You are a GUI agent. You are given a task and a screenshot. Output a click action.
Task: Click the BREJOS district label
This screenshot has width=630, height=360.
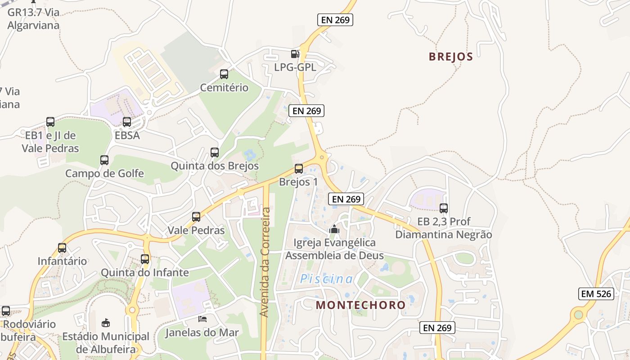(451, 57)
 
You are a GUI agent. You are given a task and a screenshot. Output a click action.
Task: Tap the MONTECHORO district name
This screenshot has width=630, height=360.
(360, 305)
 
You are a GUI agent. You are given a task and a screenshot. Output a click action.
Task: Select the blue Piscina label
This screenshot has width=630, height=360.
(327, 279)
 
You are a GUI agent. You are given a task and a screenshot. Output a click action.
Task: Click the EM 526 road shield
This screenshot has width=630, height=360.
(596, 294)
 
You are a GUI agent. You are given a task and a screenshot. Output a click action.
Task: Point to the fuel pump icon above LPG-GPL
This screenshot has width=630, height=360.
(295, 54)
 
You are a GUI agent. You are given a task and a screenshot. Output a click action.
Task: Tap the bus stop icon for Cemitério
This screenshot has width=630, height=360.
(224, 74)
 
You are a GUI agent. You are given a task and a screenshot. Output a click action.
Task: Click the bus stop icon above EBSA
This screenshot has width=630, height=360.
(127, 122)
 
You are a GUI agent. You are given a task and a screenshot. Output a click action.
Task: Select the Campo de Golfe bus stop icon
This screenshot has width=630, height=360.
(104, 160)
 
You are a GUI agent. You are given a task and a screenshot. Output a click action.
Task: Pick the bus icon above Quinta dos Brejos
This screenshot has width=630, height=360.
(215, 153)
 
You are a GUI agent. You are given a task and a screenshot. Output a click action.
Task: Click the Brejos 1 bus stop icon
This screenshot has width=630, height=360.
(298, 169)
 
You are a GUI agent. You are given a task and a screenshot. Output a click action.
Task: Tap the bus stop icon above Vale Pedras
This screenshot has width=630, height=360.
(196, 217)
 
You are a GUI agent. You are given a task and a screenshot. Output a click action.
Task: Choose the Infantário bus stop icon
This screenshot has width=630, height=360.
(62, 248)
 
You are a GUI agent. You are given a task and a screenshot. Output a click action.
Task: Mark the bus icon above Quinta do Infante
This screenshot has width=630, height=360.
(144, 259)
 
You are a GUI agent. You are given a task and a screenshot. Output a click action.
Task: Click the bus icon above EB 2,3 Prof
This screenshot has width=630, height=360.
(444, 208)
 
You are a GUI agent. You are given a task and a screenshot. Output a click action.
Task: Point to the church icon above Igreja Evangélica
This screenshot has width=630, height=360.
(334, 229)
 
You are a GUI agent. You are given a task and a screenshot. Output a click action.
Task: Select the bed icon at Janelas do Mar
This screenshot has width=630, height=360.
(202, 319)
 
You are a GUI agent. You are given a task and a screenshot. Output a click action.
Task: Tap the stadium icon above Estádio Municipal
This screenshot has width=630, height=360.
(106, 323)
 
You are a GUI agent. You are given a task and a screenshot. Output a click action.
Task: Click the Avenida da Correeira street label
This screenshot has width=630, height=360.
(266, 262)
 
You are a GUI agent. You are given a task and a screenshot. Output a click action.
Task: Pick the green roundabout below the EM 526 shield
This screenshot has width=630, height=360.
(578, 315)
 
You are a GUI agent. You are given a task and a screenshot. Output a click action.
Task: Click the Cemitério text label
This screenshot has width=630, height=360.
(224, 87)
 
